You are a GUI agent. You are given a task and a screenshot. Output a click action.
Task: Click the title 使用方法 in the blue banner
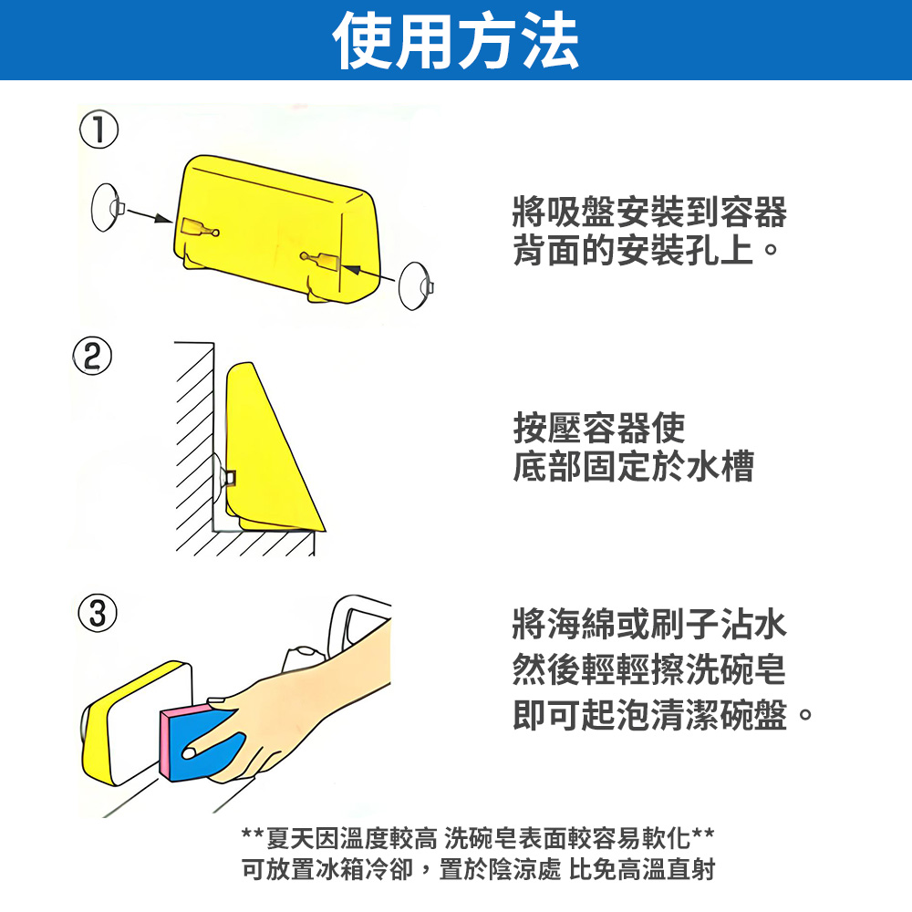coord(456,41)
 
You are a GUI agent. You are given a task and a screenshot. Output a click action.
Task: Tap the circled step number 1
coord(98,130)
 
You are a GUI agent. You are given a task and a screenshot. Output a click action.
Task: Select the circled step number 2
coord(92,356)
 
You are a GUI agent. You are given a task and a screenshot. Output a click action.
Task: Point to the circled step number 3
coord(98,613)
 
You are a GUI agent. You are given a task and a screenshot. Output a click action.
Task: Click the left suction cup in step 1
coord(107,207)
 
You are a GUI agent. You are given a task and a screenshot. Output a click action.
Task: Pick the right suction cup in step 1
coord(415,285)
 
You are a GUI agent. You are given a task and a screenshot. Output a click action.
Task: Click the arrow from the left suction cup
coord(149,214)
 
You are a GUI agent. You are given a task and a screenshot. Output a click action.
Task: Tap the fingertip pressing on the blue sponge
coord(190,752)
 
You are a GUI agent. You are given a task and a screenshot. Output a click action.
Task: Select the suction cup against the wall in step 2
coord(218,477)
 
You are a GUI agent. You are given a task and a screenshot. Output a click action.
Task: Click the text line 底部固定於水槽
coord(634,466)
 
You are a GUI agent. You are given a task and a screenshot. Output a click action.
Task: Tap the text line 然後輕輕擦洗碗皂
coord(649,668)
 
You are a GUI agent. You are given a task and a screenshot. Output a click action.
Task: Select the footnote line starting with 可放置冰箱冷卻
coord(478,870)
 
